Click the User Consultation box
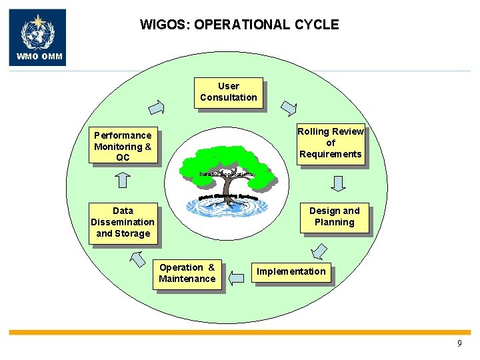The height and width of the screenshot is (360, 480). point(228,92)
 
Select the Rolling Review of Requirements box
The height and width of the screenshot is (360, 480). point(331,143)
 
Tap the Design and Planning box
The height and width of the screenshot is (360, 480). point(334,217)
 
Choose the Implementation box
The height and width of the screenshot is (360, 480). point(291,271)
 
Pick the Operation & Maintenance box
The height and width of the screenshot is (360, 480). point(187,273)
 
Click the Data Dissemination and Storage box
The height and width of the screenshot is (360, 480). point(123,223)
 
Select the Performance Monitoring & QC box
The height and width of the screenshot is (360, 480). point(123,146)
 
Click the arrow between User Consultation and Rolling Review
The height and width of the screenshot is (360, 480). point(289,108)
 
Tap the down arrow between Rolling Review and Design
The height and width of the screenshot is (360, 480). point(338,183)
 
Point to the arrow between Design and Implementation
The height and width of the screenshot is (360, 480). point(319,251)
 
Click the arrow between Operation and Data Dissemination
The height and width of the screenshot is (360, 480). point(138,259)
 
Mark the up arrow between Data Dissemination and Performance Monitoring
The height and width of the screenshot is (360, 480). point(123,181)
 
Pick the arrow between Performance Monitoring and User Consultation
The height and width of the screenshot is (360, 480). point(157,107)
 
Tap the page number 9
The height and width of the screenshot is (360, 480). point(459,344)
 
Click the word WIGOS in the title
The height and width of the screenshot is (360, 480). point(162,25)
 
